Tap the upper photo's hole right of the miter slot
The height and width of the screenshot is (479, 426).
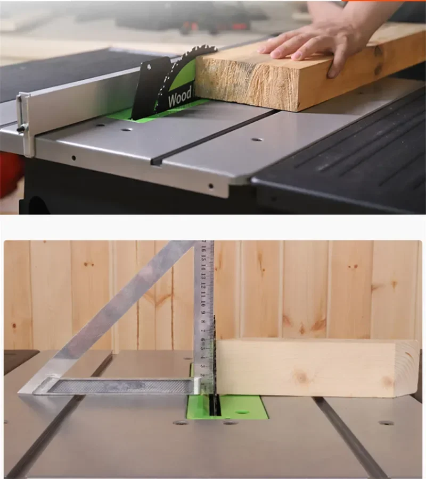(257, 139)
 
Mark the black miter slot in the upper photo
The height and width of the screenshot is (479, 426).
(213, 137)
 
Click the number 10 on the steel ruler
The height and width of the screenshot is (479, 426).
(203, 305)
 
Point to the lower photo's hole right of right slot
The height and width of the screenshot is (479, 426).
(386, 423)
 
